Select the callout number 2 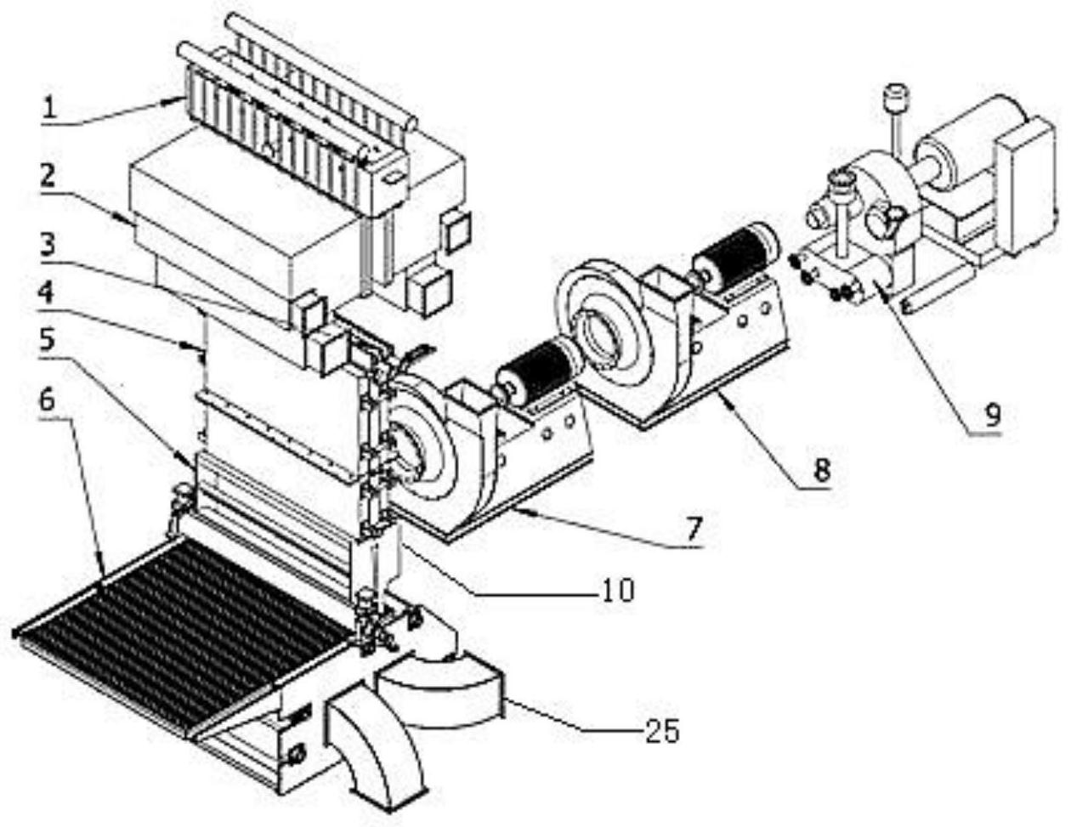click(x=48, y=177)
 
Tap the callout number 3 click(x=48, y=245)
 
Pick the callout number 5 click(x=48, y=341)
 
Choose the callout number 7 click(x=694, y=529)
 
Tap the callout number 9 click(x=993, y=414)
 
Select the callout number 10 click(x=617, y=588)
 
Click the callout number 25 click(x=661, y=731)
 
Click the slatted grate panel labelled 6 click(x=183, y=629)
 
